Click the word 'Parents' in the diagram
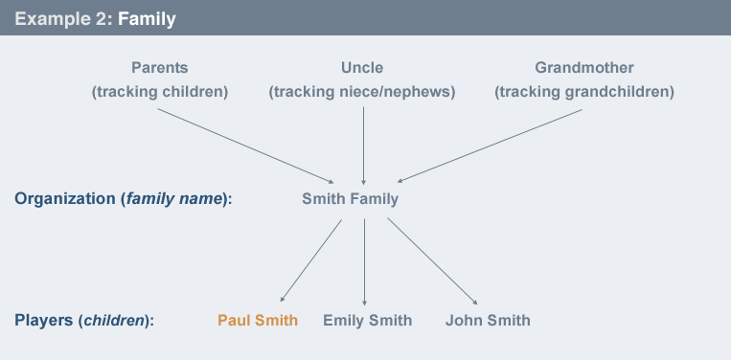tap(159, 68)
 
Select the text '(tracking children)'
tap(159, 92)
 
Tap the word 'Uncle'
tap(362, 68)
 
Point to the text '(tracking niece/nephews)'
tap(362, 92)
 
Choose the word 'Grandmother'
tap(584, 68)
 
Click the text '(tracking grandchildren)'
tap(584, 92)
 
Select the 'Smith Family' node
tap(350, 199)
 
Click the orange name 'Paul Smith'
tap(258, 320)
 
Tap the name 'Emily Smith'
tap(368, 320)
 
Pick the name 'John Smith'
tap(488, 320)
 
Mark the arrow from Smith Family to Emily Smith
tap(365, 260)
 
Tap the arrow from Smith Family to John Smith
tap(431, 260)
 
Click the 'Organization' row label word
tap(63, 199)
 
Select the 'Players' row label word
tap(43, 320)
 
